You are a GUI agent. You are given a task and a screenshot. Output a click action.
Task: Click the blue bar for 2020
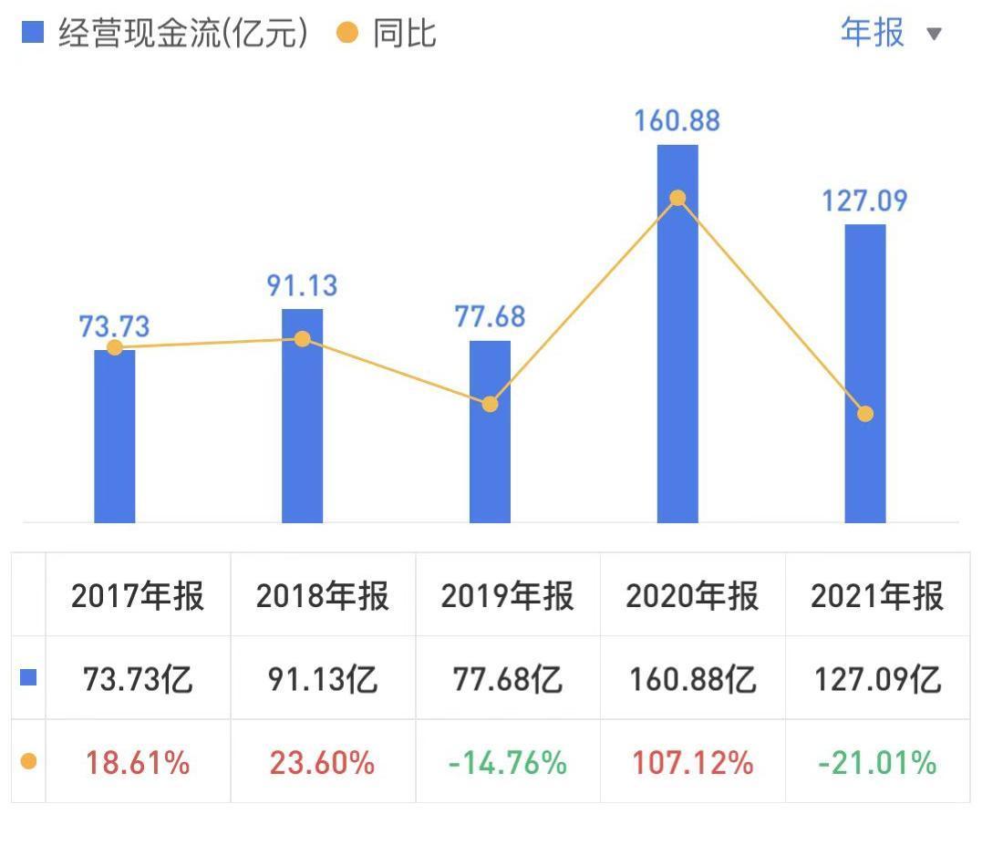coord(677,365)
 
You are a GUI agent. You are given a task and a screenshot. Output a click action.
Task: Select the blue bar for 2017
coord(115,438)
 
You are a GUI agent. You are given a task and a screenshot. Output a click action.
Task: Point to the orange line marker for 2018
coord(303,339)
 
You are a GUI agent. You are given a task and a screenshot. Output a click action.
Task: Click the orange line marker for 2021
coord(865,414)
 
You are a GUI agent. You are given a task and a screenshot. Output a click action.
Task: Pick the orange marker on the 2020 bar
coord(677,198)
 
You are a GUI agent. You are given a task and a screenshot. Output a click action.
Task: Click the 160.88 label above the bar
coord(678,120)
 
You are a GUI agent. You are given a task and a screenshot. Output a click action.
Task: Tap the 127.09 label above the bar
coord(865,201)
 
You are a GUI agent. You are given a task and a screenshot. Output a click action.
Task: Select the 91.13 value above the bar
coord(302,285)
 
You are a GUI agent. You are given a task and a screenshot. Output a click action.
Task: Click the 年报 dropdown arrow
coord(933,35)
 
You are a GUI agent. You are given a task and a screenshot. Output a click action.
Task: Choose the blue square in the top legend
coord(32,33)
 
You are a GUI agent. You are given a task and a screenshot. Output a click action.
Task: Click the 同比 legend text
coord(404,34)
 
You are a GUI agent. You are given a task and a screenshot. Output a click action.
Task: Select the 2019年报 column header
coord(507,596)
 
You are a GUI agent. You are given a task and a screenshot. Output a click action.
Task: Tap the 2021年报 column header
coord(877,596)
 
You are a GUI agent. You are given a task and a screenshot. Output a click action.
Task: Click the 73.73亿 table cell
coord(138,679)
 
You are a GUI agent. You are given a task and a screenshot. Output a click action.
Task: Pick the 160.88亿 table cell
coord(692,679)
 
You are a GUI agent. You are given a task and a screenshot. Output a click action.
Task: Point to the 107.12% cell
coord(692,762)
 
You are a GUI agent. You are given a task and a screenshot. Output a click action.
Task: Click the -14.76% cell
coord(507,762)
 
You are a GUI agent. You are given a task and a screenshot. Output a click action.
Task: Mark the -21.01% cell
coord(877,762)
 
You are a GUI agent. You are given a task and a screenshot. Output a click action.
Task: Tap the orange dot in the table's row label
coord(28,761)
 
